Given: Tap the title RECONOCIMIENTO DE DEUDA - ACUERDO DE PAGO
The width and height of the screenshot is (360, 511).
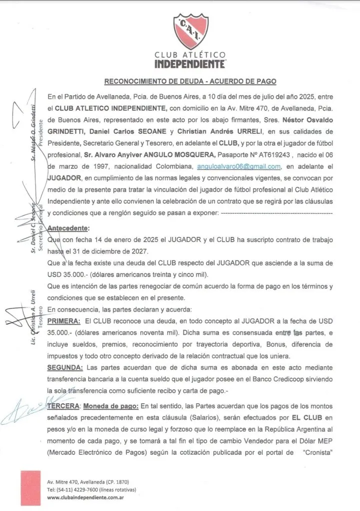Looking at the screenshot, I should click(189, 81).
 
